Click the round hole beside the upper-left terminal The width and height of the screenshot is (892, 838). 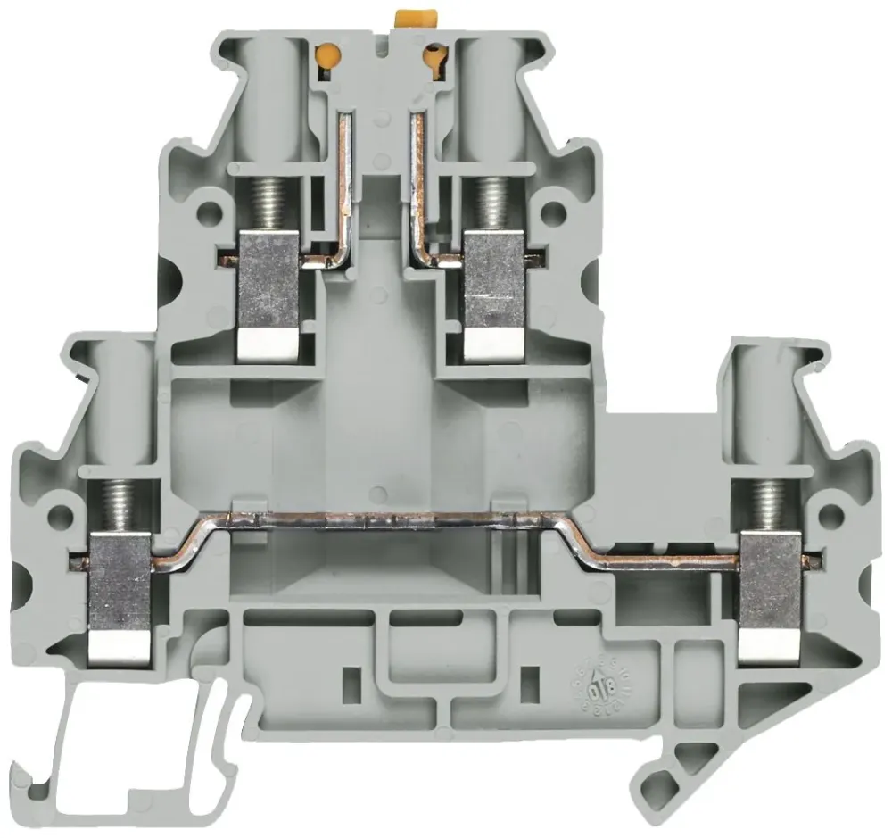(x=208, y=212)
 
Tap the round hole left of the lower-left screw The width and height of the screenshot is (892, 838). (x=60, y=516)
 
